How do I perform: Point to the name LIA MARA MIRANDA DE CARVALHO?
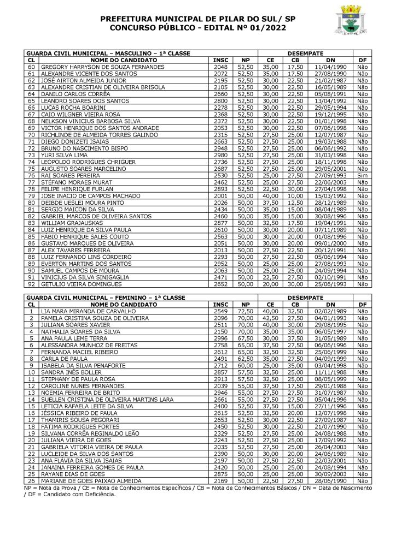tap(87, 311)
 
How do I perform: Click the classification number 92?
tap(31, 284)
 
